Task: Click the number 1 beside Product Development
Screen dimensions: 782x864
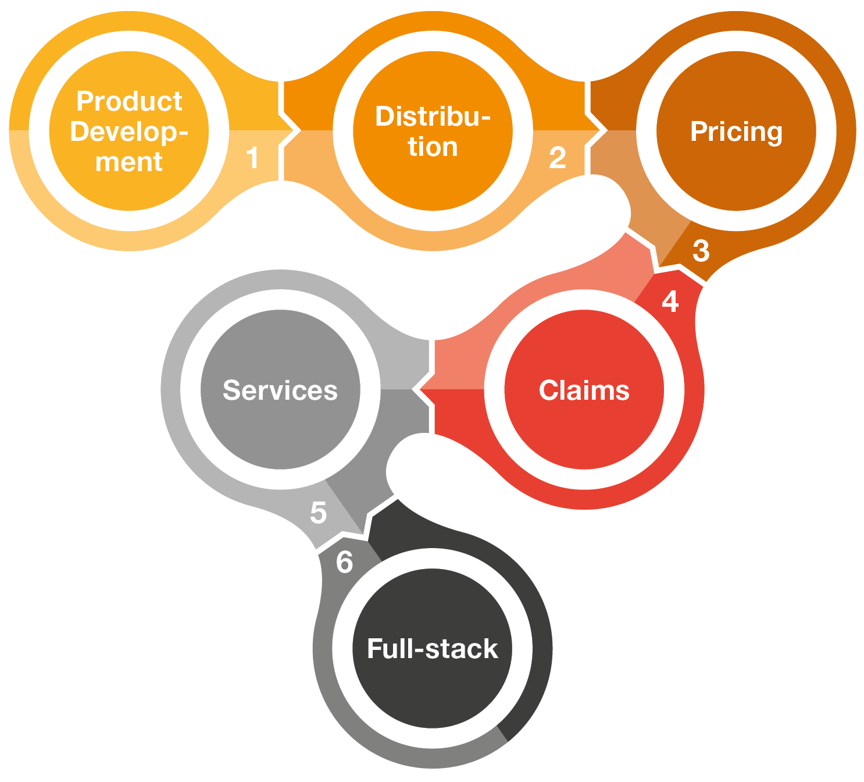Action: [x=252, y=158]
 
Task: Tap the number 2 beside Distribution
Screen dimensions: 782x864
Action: [x=557, y=158]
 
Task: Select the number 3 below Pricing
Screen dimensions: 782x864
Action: [x=701, y=251]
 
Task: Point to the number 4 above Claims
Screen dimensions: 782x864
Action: [x=670, y=301]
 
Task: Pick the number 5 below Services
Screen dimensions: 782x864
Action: [x=318, y=513]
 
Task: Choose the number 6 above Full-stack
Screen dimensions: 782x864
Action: [x=345, y=562]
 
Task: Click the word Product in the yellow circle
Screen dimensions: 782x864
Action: [x=129, y=101]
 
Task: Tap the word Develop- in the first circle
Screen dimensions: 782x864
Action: [x=129, y=132]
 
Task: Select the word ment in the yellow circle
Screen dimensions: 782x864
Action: [x=129, y=162]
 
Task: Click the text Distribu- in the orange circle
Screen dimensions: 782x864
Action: [x=433, y=116]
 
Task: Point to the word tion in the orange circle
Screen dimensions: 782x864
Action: [x=433, y=147]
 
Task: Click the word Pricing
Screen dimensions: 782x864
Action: [x=736, y=132]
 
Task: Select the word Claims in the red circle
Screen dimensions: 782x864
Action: [x=584, y=390]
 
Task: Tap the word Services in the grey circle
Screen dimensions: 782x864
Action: [x=280, y=390]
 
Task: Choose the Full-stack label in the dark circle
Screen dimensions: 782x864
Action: [x=433, y=649]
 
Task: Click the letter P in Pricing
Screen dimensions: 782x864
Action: [x=698, y=131]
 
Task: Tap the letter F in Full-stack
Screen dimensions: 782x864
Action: [x=374, y=648]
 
